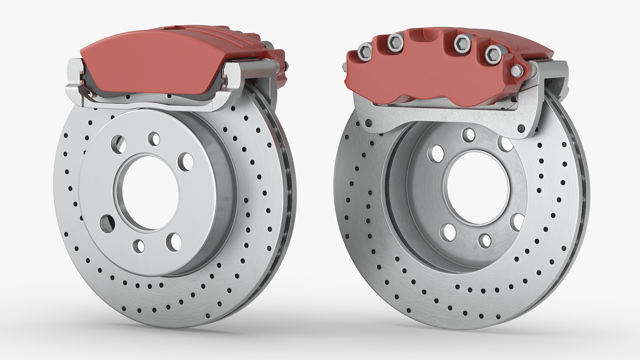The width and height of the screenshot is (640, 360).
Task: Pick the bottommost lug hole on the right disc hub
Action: click(x=485, y=241)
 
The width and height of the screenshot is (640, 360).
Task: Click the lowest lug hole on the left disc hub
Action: click(x=139, y=246)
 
